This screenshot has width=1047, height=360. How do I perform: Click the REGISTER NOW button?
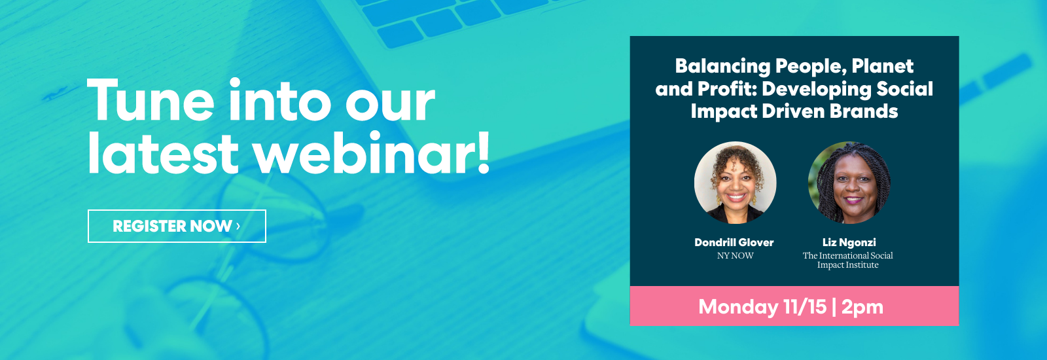pos(177,226)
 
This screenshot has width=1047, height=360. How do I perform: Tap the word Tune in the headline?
pos(151,101)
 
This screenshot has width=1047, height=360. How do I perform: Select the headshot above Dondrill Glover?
pos(736,183)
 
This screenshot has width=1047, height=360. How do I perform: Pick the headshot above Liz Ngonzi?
pos(849,183)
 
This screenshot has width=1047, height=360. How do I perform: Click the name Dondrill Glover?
pos(734,242)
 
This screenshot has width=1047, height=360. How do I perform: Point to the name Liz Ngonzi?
pos(849,243)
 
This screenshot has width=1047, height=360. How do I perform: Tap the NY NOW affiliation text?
pos(736,256)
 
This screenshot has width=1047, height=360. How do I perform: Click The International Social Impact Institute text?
pos(848,260)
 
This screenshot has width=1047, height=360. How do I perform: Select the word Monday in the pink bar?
pos(738,307)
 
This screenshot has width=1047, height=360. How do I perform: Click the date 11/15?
pos(805,307)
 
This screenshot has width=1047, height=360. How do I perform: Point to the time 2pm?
pos(862,308)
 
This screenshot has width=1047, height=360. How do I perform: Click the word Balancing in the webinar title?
pos(722,66)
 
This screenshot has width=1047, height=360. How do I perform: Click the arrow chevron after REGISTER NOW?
pos(238,226)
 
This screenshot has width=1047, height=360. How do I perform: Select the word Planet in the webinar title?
pos(883,66)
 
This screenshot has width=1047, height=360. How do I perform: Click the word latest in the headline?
pos(164,153)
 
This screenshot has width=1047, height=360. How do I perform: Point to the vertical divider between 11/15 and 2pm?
pos(834,308)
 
